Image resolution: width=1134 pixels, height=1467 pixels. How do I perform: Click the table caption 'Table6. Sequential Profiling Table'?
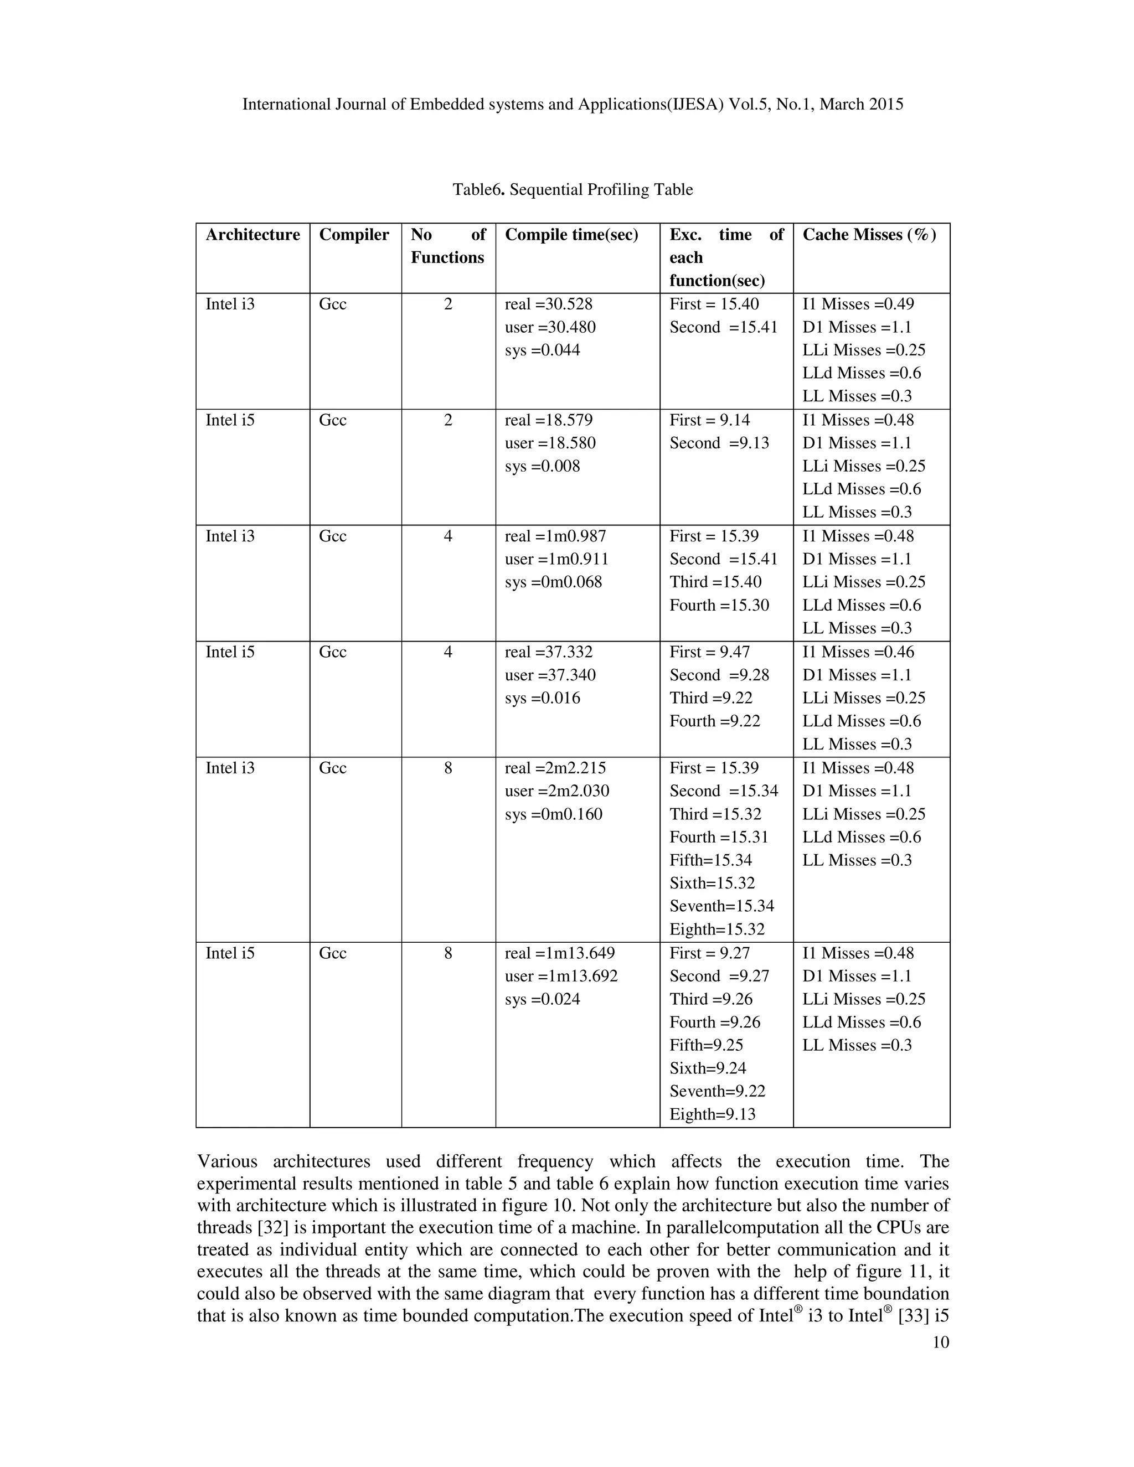coord(573,189)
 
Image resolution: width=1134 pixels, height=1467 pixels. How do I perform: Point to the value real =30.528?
coord(548,304)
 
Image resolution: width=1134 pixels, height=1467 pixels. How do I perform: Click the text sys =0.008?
coord(542,466)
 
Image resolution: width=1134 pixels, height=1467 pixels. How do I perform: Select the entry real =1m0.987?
coord(555,536)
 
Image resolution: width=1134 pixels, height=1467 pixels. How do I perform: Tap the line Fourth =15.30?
coord(719,605)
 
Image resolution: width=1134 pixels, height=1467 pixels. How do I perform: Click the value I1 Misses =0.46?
coord(857,652)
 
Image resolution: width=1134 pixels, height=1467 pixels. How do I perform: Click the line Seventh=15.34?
coord(721,906)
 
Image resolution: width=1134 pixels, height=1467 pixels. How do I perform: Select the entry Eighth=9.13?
coord(712,1114)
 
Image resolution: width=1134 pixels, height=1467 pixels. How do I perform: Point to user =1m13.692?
coord(561,976)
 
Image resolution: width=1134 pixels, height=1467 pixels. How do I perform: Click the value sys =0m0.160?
coord(554,814)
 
